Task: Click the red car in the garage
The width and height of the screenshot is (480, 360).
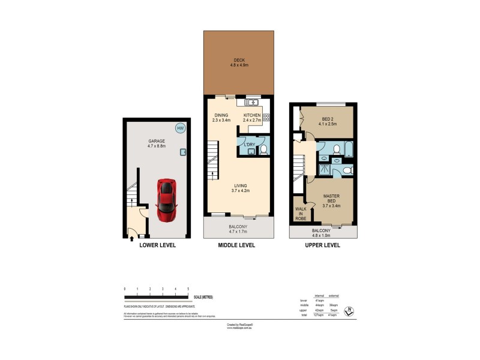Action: point(166,200)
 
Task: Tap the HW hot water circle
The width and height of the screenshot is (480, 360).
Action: point(180,128)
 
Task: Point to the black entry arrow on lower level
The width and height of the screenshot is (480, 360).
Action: point(131,239)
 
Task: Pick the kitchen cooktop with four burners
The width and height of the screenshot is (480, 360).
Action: point(266,117)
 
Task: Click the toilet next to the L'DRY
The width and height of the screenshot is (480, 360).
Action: point(263,148)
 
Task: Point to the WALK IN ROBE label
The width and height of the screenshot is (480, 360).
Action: point(300,214)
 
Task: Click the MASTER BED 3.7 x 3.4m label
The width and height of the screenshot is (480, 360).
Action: point(331,200)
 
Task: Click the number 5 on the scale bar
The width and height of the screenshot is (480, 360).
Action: point(188,290)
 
